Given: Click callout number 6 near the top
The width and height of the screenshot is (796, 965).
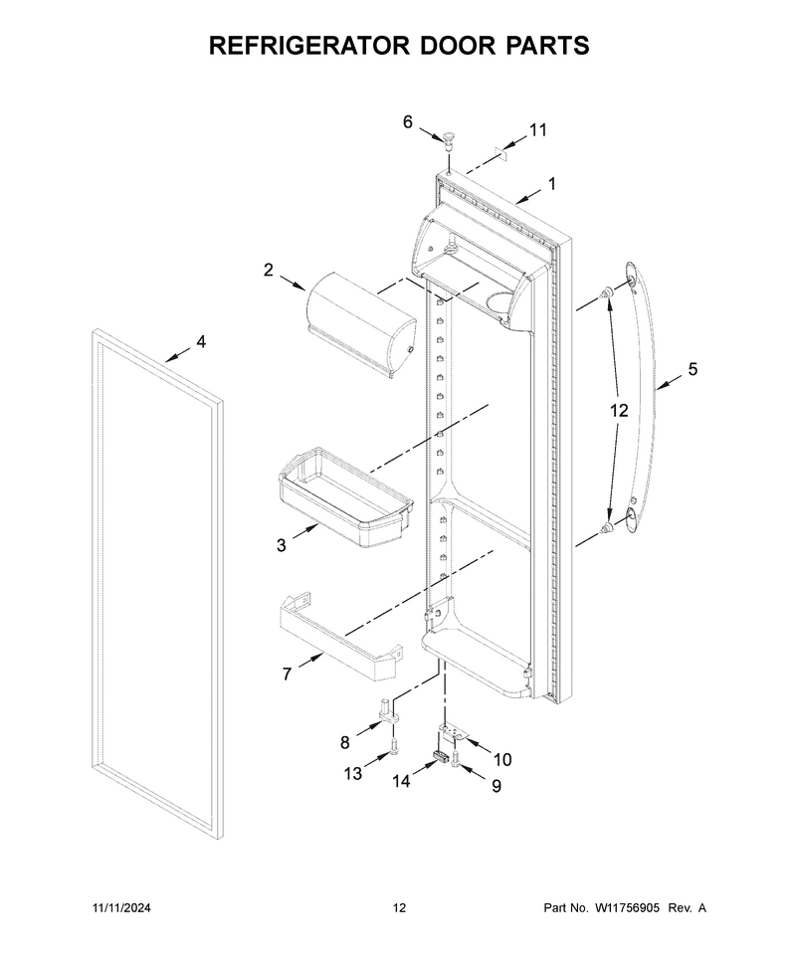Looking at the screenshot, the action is (408, 122).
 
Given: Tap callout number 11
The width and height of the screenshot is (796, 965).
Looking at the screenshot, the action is (537, 130).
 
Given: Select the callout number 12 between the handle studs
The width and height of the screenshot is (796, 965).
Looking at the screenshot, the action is (619, 410).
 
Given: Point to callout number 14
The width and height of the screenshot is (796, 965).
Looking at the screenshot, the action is (401, 781).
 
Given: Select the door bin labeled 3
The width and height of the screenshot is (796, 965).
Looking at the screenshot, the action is (344, 498).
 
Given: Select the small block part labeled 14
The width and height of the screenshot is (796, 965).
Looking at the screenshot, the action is (441, 757).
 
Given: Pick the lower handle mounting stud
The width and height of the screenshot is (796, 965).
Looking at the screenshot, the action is (608, 527).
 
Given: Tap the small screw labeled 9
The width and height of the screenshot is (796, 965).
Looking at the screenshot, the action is (456, 759).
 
